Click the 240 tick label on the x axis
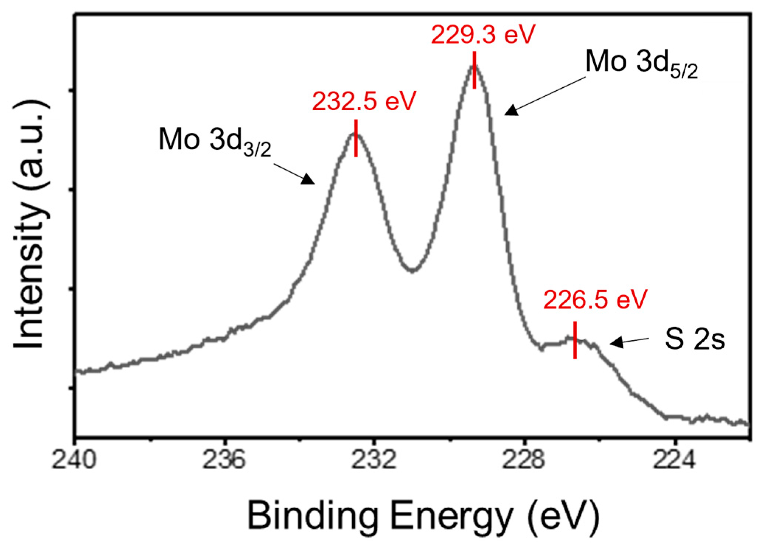point(75,460)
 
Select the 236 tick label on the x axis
point(224,460)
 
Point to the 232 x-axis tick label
point(374,460)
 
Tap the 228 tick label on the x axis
point(524,460)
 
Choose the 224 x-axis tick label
point(674,460)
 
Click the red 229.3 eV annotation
point(483,35)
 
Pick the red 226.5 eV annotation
point(595,300)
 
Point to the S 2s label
point(695,339)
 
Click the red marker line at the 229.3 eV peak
point(475,70)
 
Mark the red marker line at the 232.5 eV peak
point(356,138)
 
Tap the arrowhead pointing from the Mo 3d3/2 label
point(309,180)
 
